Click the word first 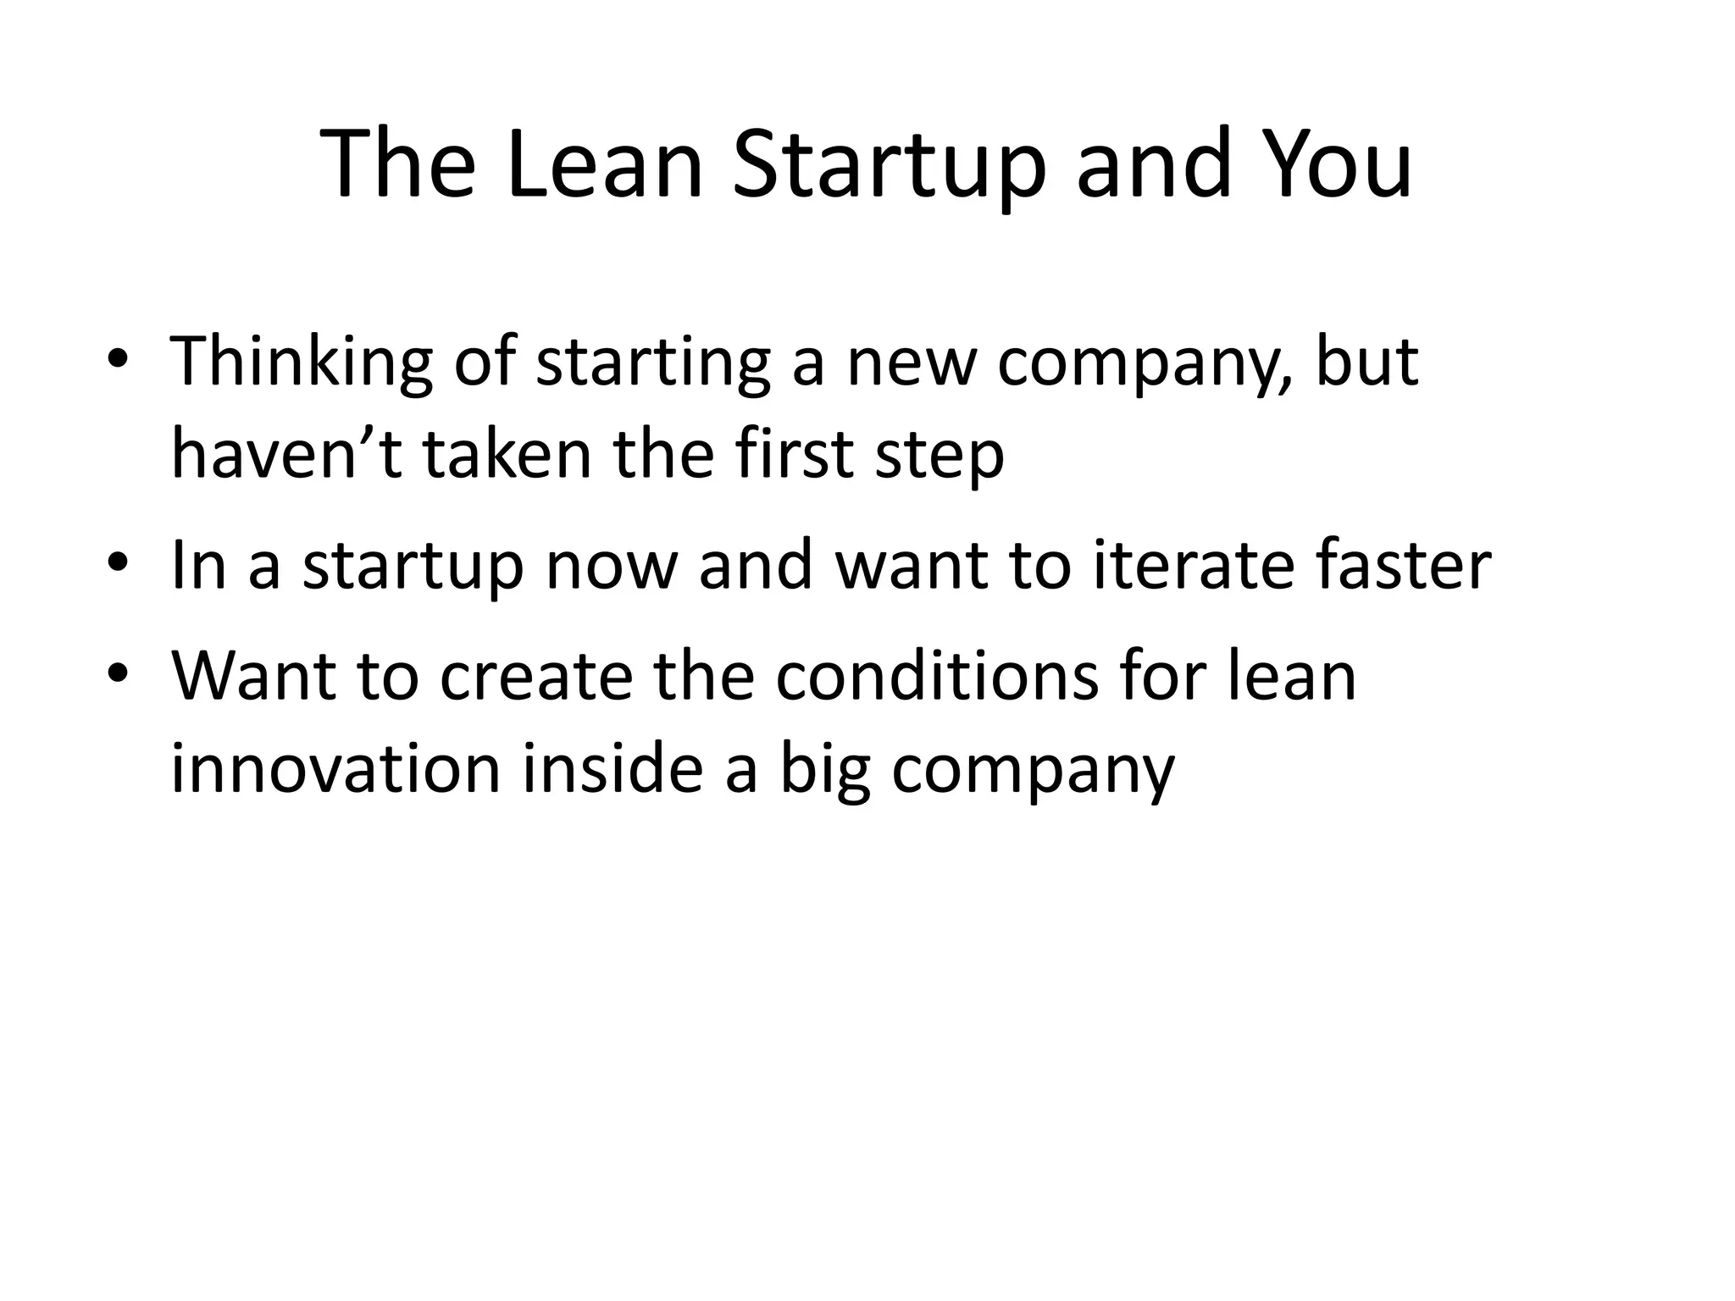[x=796, y=454]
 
